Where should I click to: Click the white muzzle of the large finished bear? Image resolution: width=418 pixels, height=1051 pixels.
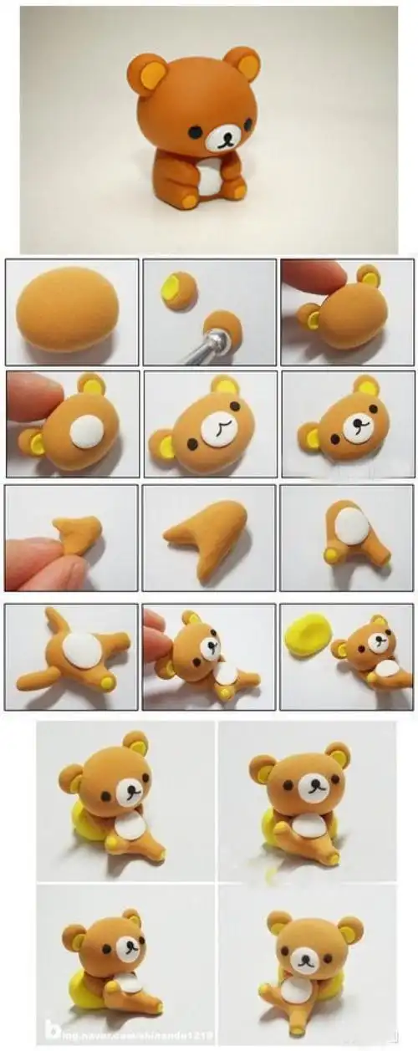pos(219,138)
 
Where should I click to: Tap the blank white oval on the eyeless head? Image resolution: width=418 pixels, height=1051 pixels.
pos(85,431)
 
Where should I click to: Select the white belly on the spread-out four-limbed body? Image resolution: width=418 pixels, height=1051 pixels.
pos(82,652)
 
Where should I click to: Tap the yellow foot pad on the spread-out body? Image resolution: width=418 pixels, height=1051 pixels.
pos(107,683)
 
